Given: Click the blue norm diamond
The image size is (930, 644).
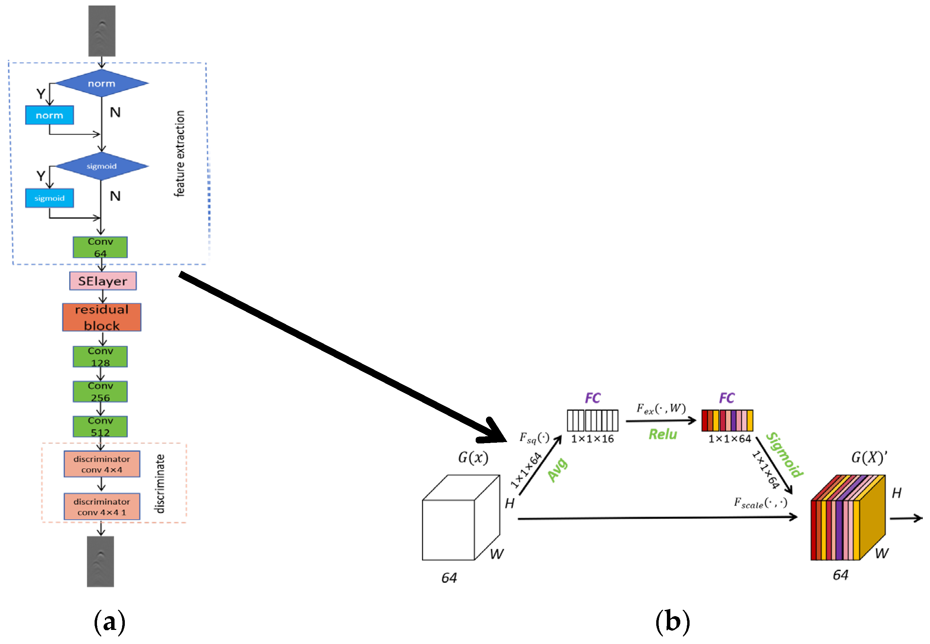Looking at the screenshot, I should [x=101, y=84].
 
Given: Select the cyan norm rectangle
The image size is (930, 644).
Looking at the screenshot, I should [x=49, y=115].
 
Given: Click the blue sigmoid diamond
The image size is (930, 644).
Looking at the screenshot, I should [x=101, y=166].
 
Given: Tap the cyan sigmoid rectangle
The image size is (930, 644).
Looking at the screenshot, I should [x=49, y=198].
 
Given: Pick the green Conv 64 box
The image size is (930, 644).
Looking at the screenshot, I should [x=100, y=247].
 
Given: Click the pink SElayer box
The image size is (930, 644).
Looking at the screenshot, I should [x=102, y=281].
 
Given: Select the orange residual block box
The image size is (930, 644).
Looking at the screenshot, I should [x=101, y=318].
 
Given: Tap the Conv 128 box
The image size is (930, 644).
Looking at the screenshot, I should [x=100, y=357].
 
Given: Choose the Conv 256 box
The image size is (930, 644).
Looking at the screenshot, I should [x=100, y=391].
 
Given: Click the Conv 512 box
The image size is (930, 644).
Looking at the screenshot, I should [x=100, y=427].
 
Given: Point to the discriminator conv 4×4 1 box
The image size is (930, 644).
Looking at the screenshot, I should [x=101, y=507].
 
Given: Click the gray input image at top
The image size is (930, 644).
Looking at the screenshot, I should [x=101, y=31].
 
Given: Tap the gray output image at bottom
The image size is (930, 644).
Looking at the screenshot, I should [x=100, y=561].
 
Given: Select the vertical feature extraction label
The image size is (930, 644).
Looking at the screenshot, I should [x=180, y=154].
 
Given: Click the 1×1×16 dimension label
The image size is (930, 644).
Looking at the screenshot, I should [x=592, y=439].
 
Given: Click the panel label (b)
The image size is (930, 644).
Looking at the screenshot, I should [x=672, y=622].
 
